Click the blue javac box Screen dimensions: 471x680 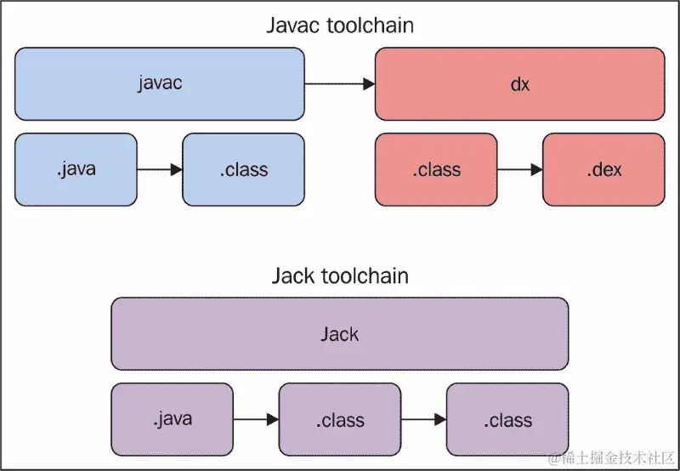pos(160,83)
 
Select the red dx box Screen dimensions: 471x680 pos(519,83)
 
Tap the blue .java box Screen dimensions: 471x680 pos(76,169)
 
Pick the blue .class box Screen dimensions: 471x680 pos(243,169)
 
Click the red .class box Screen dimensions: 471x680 pos(436,169)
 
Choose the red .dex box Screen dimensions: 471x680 pos(603,169)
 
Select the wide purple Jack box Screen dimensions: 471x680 pos(339,333)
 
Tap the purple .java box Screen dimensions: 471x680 pos(172,419)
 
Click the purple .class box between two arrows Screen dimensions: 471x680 pos(339,419)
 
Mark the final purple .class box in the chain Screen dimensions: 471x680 pos(507,419)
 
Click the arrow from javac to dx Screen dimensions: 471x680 pos(339,83)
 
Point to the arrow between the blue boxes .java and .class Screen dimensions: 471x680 pos(160,170)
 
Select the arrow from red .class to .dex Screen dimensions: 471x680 pos(519,170)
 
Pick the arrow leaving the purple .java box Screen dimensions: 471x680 pos(256,419)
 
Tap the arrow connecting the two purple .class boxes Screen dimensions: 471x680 pos(423,419)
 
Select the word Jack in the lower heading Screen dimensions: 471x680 pos(294,276)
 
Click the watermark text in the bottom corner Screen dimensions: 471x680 pos(612,459)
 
